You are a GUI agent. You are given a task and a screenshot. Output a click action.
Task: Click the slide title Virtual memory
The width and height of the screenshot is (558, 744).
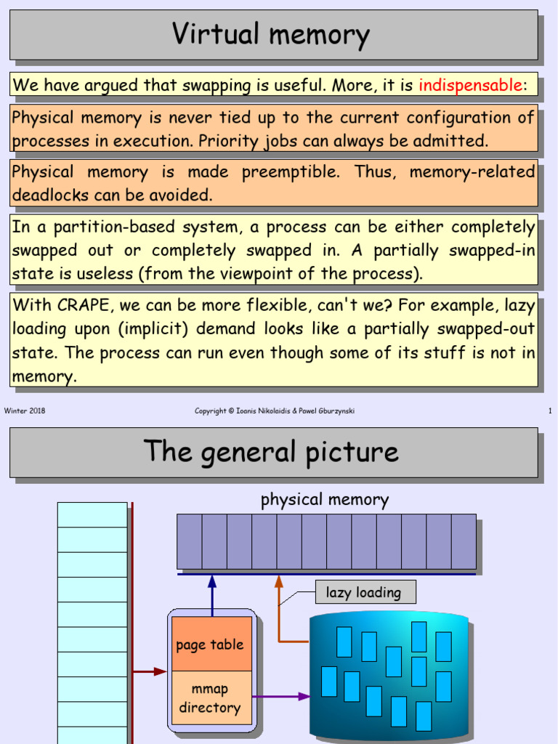point(270,35)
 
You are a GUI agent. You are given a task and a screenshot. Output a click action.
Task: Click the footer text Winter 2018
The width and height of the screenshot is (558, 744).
point(25,411)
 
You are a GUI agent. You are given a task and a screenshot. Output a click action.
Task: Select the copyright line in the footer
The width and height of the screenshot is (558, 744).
point(275,411)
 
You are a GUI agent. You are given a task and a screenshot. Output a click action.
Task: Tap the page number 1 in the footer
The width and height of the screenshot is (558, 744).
point(550,411)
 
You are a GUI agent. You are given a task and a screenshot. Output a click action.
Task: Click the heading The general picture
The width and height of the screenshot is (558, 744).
point(271,451)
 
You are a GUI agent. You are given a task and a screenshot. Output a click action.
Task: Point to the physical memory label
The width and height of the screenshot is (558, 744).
point(325,500)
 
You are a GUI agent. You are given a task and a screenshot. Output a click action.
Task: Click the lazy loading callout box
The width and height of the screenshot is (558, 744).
point(365,593)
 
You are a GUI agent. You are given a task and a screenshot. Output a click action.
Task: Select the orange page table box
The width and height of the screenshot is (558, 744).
point(210,644)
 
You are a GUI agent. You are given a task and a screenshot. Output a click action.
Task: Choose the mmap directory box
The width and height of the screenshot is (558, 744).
point(210,698)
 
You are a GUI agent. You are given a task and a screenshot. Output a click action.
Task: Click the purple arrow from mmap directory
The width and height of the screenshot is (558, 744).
point(282,696)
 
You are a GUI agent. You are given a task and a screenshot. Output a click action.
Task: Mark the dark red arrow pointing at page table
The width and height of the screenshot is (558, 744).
point(150,671)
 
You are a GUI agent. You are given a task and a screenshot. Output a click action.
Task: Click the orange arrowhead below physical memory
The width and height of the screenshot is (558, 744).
point(279,581)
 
